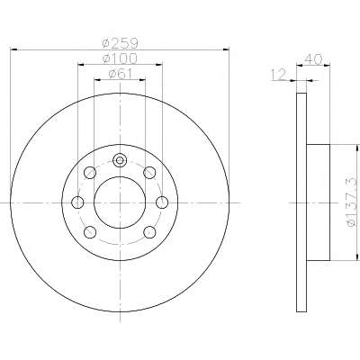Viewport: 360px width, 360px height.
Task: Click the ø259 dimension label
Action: coord(120,43)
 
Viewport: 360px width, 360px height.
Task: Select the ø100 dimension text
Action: coord(120,58)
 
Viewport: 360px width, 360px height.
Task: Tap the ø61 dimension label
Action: coord(120,74)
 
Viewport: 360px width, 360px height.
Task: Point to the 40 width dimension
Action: coord(313,58)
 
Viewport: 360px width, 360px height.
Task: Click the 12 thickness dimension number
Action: coord(279,75)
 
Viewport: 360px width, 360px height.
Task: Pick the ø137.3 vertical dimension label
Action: coord(352,202)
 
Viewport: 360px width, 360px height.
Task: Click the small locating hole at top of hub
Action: coord(120,160)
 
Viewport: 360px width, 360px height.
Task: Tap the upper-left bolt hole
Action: coord(90,173)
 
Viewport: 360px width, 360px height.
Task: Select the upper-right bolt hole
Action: coord(149,173)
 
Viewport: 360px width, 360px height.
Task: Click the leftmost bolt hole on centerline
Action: coord(77,202)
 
